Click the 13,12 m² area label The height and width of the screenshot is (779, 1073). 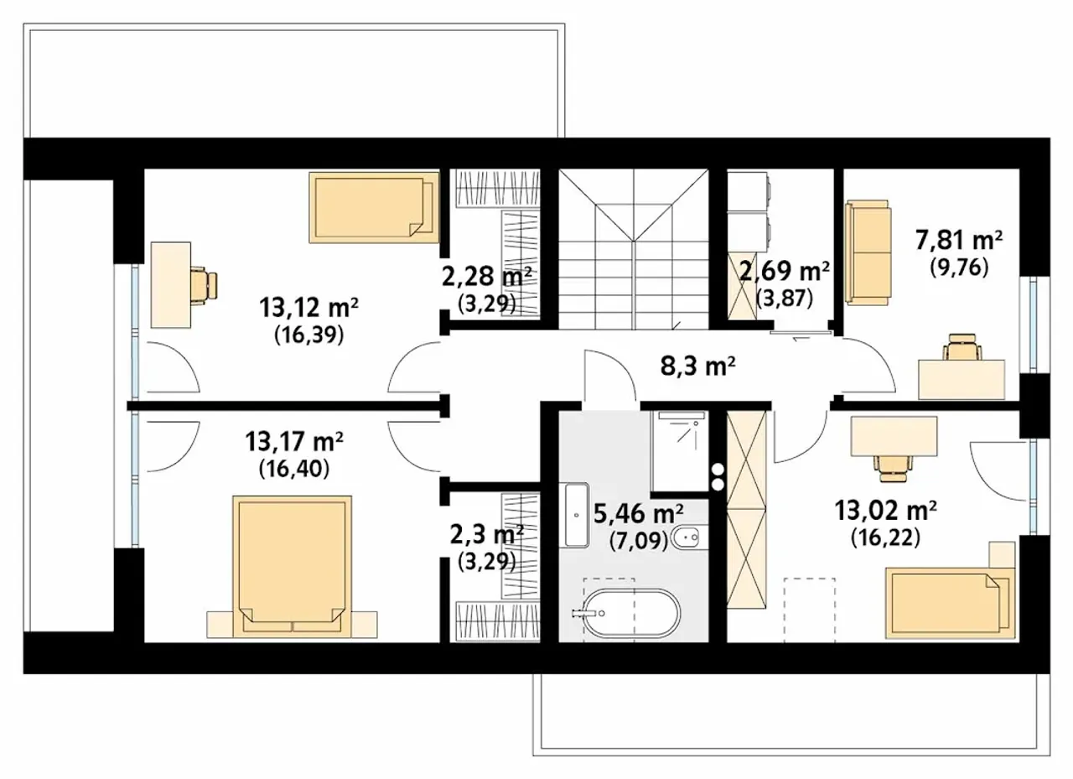(x=309, y=308)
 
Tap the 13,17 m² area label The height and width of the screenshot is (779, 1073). (x=294, y=442)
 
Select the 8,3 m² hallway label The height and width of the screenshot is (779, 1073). (x=698, y=366)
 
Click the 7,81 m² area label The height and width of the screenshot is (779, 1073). (x=959, y=241)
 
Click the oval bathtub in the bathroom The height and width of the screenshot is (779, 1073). (x=632, y=613)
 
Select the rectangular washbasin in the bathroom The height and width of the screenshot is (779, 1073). (x=577, y=515)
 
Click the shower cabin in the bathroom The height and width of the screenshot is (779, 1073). (x=680, y=450)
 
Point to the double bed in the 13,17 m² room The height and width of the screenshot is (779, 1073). (x=293, y=566)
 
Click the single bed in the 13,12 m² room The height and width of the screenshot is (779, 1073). (x=374, y=207)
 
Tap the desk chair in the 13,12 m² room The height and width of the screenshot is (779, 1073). (x=205, y=286)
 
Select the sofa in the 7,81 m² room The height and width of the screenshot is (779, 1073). (x=868, y=252)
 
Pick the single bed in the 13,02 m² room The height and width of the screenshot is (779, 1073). (x=951, y=603)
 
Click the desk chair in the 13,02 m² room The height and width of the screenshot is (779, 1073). (x=893, y=468)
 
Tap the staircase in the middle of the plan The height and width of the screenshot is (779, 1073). (x=634, y=249)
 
